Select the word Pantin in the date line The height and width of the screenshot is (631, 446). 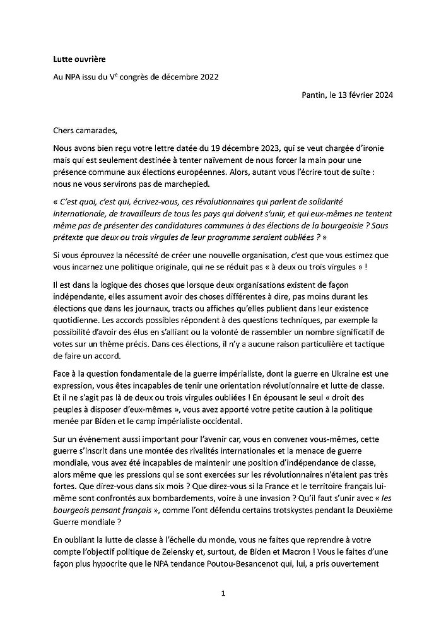coord(315,95)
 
